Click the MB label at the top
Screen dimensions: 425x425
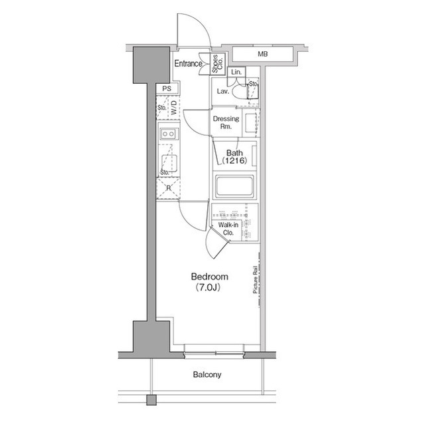(x=264, y=53)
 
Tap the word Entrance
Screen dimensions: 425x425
(x=188, y=64)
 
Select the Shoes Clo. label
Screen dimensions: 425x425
(x=216, y=63)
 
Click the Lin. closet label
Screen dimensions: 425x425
(x=236, y=72)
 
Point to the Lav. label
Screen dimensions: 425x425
(x=223, y=91)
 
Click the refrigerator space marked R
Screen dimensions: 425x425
(x=168, y=188)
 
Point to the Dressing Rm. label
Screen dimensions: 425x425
(x=225, y=122)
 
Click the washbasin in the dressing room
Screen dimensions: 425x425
(x=249, y=123)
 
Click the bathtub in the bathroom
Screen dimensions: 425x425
(x=234, y=186)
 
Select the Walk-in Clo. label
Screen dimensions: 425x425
(x=227, y=229)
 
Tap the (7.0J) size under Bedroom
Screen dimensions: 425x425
(x=209, y=288)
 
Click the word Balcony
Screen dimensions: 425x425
(x=207, y=375)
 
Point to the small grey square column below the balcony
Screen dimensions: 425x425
(x=151, y=400)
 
